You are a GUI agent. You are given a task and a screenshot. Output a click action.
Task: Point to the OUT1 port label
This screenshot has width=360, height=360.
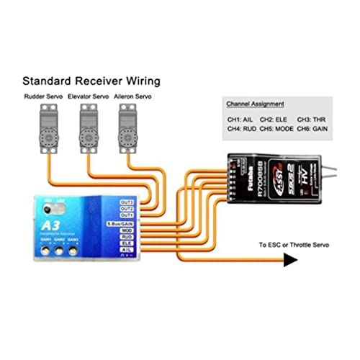pos(127,215)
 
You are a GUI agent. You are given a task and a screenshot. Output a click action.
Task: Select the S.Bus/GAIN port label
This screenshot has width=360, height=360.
pos(122,225)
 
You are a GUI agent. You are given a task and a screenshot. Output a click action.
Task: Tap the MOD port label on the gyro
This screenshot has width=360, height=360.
pos(127,231)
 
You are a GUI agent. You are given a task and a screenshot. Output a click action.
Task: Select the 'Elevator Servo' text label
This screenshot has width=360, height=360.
pos(88,95)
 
